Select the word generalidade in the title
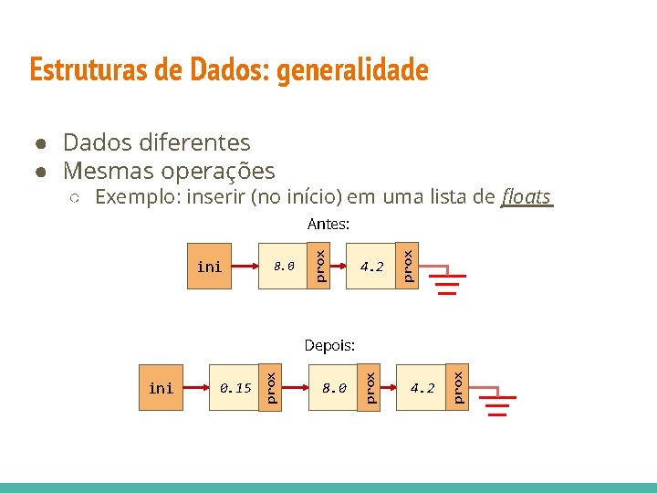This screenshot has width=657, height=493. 352,70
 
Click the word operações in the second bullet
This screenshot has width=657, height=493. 217,171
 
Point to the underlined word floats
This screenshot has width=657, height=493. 527,196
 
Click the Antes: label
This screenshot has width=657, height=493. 328,223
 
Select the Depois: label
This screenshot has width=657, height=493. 328,345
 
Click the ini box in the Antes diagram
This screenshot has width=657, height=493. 209,267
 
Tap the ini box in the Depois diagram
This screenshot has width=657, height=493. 161,388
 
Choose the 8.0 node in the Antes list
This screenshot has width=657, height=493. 285,267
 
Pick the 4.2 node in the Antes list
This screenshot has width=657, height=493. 371,267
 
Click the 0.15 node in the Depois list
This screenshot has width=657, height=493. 235,388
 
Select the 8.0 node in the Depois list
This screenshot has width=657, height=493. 334,388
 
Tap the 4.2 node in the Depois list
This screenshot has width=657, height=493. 422,388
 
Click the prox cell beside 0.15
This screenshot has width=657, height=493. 270,387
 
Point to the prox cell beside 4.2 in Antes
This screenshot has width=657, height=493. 408,266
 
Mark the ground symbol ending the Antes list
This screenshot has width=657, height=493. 446,284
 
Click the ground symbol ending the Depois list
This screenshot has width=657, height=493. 497,404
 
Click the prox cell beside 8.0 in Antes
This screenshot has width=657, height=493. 319,266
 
